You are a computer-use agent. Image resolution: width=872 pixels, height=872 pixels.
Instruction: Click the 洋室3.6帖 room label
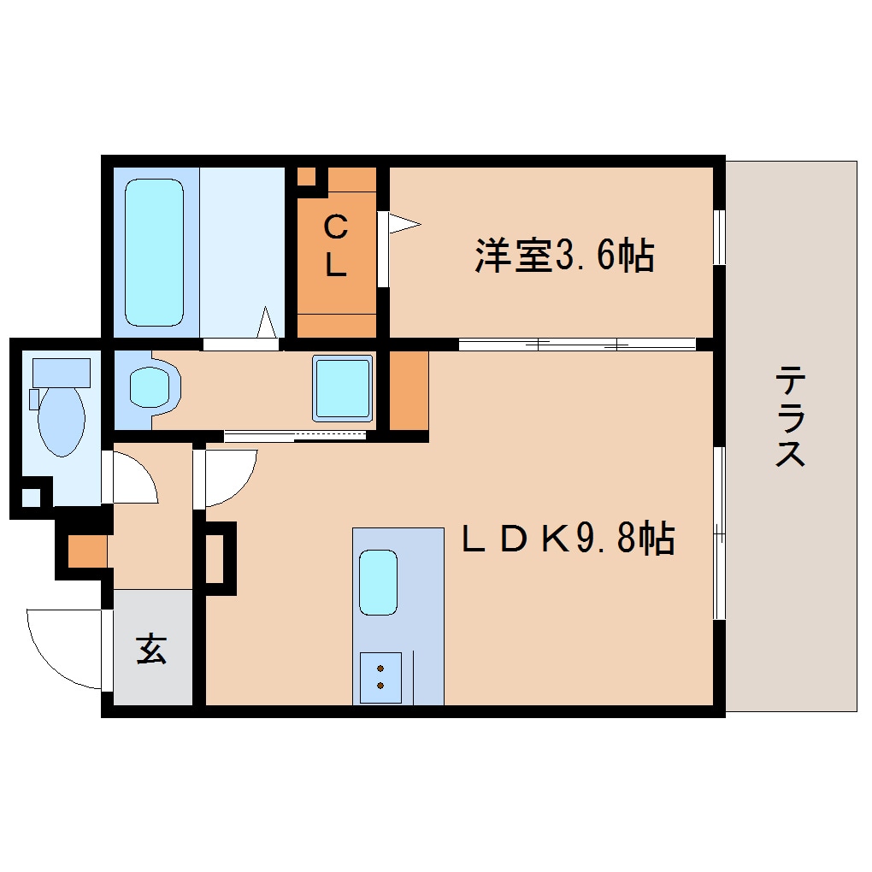tap(565, 256)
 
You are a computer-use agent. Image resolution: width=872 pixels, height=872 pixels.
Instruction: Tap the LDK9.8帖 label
tap(569, 539)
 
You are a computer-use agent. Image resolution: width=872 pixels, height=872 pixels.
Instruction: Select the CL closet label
tap(336, 247)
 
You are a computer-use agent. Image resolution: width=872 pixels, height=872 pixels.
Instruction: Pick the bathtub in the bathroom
tap(155, 251)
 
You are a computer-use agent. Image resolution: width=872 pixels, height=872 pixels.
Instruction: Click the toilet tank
tap(61, 373)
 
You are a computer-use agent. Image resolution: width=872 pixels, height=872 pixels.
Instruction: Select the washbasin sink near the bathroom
tap(152, 387)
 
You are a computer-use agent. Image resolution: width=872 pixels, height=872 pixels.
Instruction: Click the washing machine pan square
tap(342, 387)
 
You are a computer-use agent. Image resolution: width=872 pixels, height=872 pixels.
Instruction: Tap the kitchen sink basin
tap(378, 582)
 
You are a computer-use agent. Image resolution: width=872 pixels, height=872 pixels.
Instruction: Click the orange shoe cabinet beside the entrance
tap(87, 551)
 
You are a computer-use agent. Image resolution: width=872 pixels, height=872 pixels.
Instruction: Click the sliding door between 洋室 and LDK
tap(577, 345)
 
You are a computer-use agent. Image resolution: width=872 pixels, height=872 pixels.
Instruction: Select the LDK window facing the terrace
tap(719, 533)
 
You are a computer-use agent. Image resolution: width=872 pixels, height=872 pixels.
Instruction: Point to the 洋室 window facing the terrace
tap(719, 237)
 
